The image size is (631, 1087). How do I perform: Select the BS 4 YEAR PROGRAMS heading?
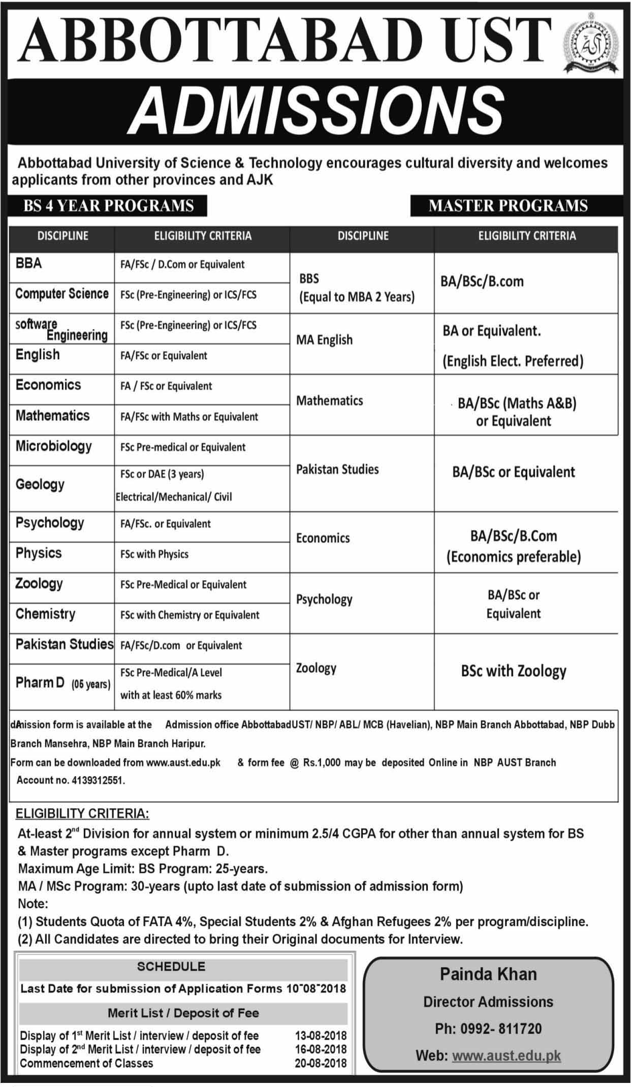pyautogui.click(x=108, y=206)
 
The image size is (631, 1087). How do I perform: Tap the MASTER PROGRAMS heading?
pyautogui.click(x=508, y=206)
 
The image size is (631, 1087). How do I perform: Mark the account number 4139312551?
pyautogui.click(x=96, y=780)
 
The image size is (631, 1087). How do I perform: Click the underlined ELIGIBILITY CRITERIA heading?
pyautogui.click(x=82, y=814)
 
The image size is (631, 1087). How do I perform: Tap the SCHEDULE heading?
pyautogui.click(x=171, y=966)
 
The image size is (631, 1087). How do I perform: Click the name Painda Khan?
pyautogui.click(x=488, y=974)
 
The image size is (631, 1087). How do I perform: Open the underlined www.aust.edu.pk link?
pyautogui.click(x=506, y=1056)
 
